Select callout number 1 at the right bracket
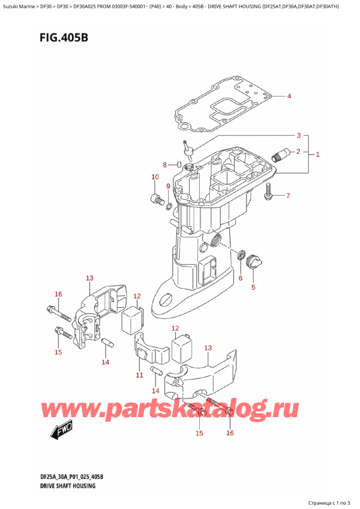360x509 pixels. (x=317, y=154)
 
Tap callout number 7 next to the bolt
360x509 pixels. (x=287, y=196)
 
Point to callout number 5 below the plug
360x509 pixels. (x=253, y=287)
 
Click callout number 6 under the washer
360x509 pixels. (x=240, y=277)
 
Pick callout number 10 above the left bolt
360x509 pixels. (x=154, y=177)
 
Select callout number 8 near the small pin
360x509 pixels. (x=166, y=165)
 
